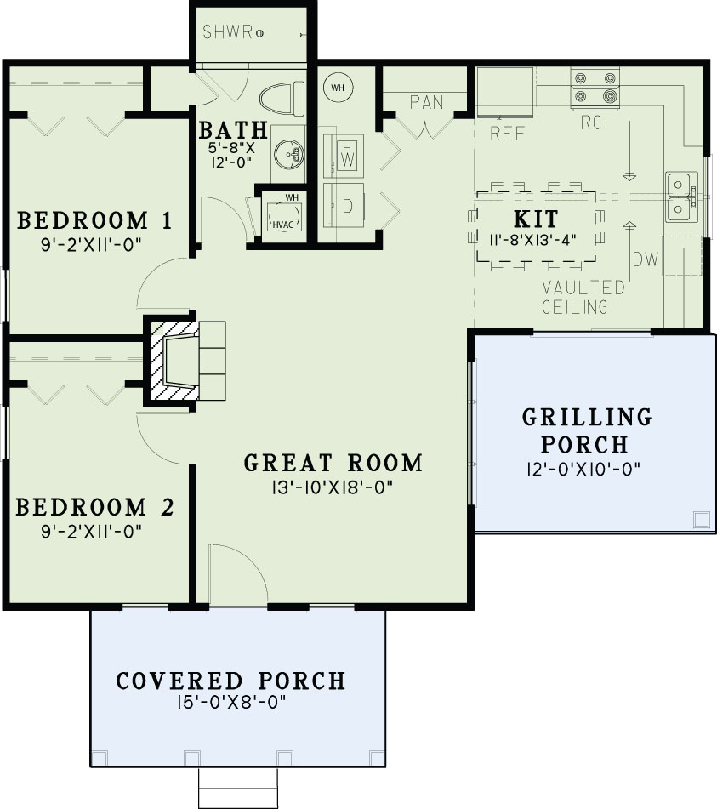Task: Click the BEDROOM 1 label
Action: pyautogui.click(x=95, y=221)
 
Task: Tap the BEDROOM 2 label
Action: pyautogui.click(x=95, y=508)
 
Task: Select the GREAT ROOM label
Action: pyautogui.click(x=333, y=464)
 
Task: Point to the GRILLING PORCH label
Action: pyautogui.click(x=586, y=430)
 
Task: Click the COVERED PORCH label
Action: pyautogui.click(x=230, y=681)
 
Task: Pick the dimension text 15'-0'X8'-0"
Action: pyautogui.click(x=230, y=703)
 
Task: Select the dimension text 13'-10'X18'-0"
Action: pyautogui.click(x=333, y=487)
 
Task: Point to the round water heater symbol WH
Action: pyautogui.click(x=337, y=87)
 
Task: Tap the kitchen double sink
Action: pyautogui.click(x=678, y=197)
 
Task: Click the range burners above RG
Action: pyautogui.click(x=595, y=87)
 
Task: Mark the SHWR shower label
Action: pyautogui.click(x=227, y=32)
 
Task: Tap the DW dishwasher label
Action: pyautogui.click(x=646, y=259)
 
